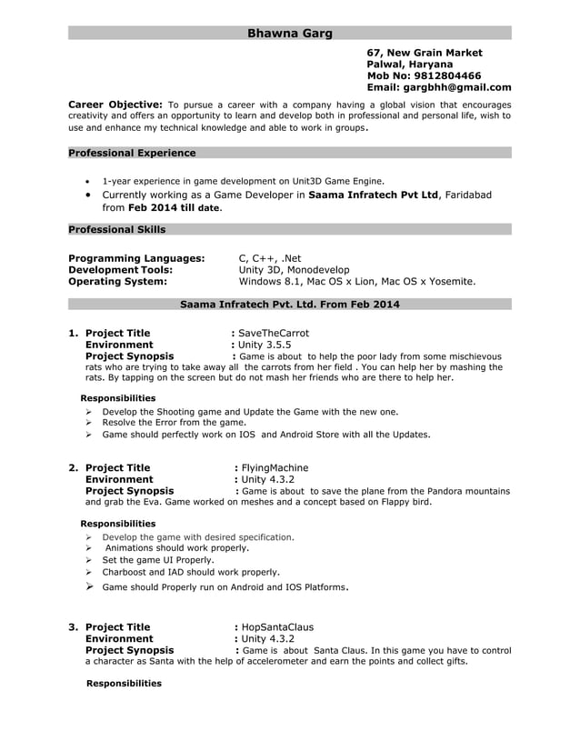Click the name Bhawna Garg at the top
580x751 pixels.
290,34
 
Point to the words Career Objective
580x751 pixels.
115,105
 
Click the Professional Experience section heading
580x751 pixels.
132,153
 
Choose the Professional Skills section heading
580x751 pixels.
116,229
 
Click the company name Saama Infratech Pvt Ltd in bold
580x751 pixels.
373,195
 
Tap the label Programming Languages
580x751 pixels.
136,258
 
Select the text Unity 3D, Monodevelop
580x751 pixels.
293,270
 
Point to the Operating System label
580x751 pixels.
117,282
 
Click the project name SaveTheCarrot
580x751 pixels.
273,333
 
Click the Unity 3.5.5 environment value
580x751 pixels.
265,345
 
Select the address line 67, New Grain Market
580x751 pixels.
424,53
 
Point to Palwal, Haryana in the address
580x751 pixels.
408,65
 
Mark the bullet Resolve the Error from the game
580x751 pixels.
174,423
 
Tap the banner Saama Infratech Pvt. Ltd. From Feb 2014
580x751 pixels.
290,304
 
